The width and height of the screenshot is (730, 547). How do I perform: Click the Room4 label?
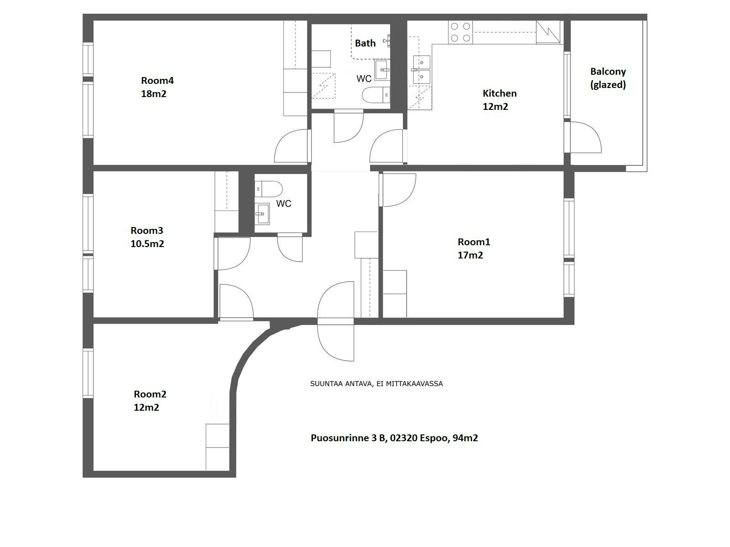(x=157, y=81)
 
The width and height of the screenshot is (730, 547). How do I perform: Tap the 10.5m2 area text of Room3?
(x=147, y=244)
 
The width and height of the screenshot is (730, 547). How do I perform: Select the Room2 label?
(x=150, y=394)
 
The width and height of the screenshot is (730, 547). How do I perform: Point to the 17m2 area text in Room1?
(x=470, y=255)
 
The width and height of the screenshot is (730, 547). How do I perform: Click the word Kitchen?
(x=500, y=93)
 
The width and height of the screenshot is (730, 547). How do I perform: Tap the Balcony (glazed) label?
(x=608, y=78)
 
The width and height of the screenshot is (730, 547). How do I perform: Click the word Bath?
(x=365, y=43)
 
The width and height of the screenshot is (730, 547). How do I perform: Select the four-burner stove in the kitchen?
(x=460, y=32)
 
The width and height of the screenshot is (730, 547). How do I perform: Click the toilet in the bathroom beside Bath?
(x=376, y=95)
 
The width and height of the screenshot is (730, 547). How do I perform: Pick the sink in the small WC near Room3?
(x=262, y=213)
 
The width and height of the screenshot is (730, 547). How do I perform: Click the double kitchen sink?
(x=422, y=69)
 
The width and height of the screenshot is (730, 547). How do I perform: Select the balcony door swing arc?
(x=589, y=137)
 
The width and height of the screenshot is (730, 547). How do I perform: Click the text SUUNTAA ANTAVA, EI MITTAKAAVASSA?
(x=376, y=384)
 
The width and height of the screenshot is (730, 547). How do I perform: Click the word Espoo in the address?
(x=434, y=438)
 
